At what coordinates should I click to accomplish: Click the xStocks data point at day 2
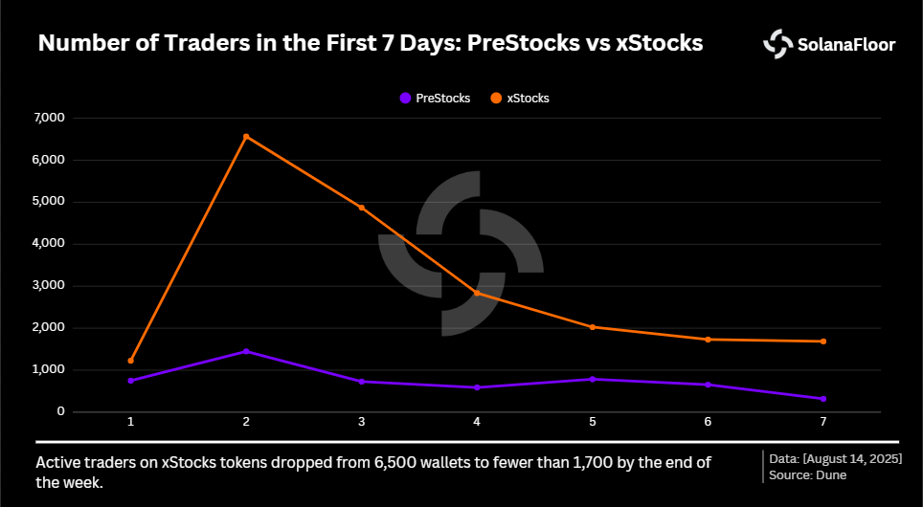246,137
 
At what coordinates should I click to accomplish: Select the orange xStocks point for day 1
131,361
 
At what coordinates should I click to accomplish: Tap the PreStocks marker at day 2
246,351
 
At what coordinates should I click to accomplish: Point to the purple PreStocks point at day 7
823,399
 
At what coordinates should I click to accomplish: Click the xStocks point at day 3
362,208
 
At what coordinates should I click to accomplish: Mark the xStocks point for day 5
593,327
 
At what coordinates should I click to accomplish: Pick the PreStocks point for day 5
593,379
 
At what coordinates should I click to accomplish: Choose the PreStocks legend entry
435,98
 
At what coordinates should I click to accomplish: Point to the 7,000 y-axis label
47,118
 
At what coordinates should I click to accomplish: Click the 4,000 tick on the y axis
47,244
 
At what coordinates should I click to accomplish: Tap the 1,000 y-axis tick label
47,369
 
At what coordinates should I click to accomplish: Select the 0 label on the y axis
59,411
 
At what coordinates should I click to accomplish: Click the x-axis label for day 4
477,422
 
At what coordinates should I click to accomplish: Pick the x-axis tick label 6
708,422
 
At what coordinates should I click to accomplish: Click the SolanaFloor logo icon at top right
777,43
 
